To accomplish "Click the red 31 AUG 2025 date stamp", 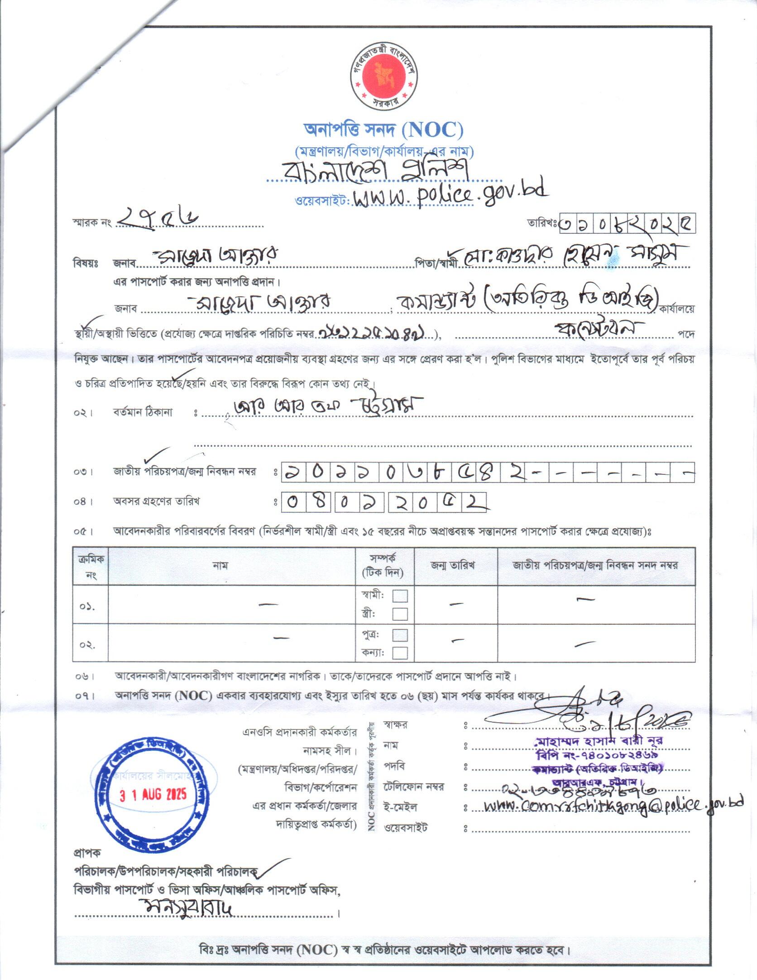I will (153, 795).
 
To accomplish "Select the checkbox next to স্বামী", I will (400, 596).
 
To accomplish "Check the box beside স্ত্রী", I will (400, 614).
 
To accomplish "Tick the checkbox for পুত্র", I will (400, 635).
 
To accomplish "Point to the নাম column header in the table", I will (220, 565).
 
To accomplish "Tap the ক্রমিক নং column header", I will (91, 566).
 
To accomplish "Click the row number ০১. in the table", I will (87, 606).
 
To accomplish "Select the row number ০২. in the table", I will (87, 645).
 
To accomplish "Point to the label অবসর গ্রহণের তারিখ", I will (156, 501).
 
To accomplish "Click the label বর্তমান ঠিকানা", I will (143, 412).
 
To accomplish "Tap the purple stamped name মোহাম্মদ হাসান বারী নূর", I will (599, 741).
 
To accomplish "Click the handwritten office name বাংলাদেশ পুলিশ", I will (375, 170).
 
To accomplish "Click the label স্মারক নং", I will (92, 223).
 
